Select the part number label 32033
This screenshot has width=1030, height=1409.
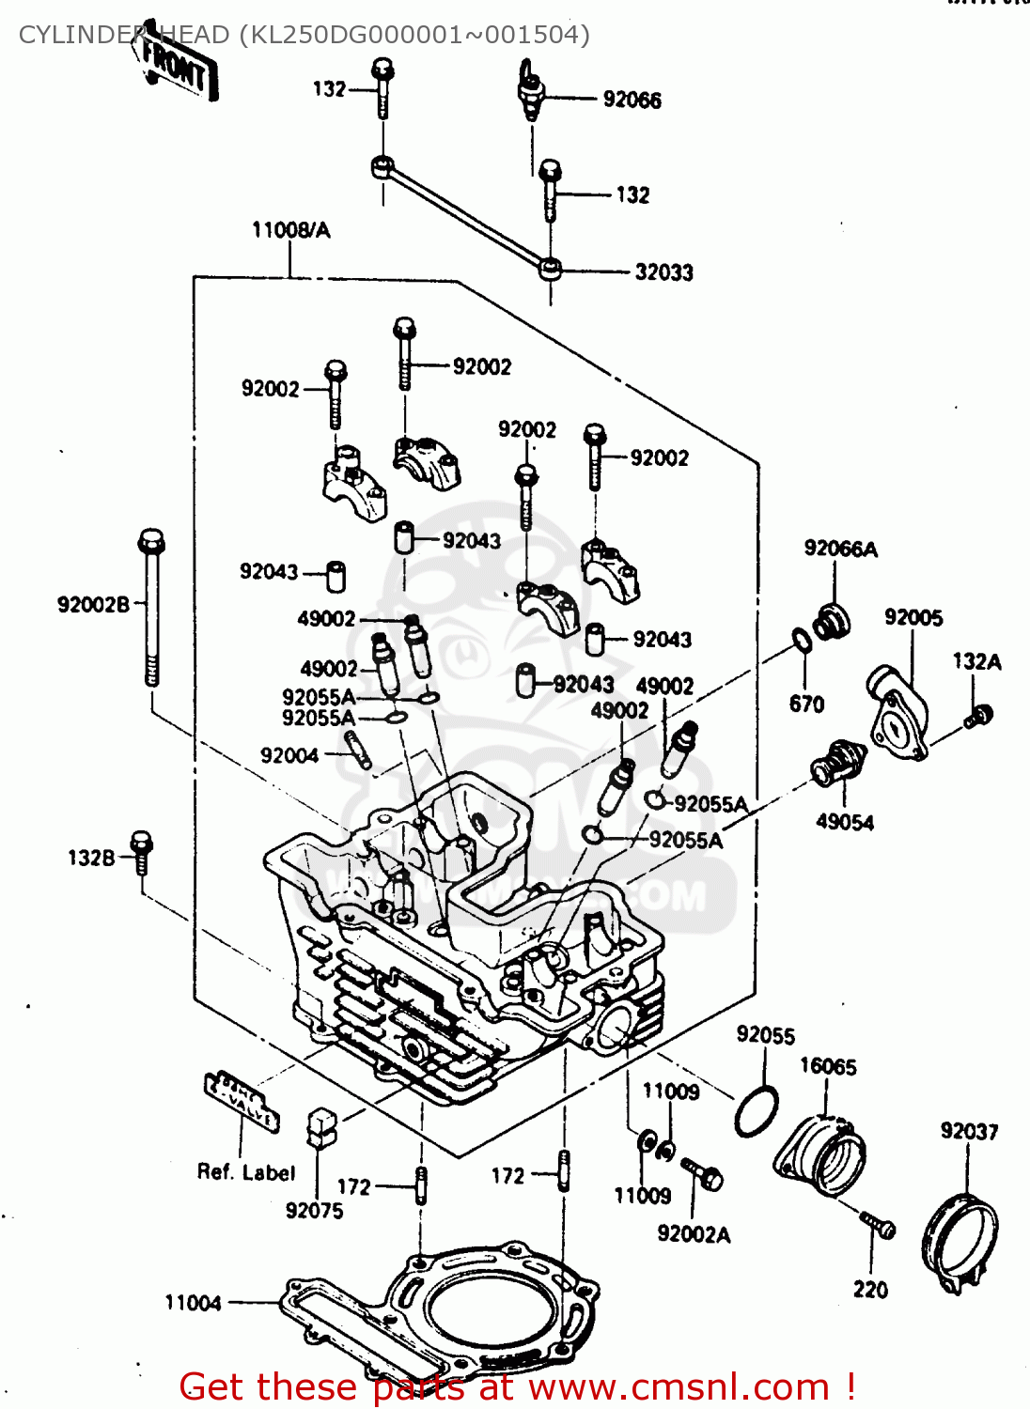click(663, 272)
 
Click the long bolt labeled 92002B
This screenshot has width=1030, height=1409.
click(150, 606)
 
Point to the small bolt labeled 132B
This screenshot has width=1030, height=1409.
click(141, 851)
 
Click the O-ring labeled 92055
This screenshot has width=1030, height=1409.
click(757, 1111)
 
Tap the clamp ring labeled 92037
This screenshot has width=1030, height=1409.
click(961, 1240)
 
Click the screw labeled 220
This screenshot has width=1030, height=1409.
click(879, 1225)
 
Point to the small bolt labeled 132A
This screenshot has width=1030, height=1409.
click(977, 717)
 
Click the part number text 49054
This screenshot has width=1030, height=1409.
click(844, 822)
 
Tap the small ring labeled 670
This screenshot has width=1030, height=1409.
click(801, 641)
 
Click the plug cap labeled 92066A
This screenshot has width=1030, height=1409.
click(832, 621)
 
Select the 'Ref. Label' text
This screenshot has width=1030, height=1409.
click(245, 1172)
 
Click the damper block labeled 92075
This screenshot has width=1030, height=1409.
click(321, 1126)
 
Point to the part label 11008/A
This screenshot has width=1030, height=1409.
click(290, 230)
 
